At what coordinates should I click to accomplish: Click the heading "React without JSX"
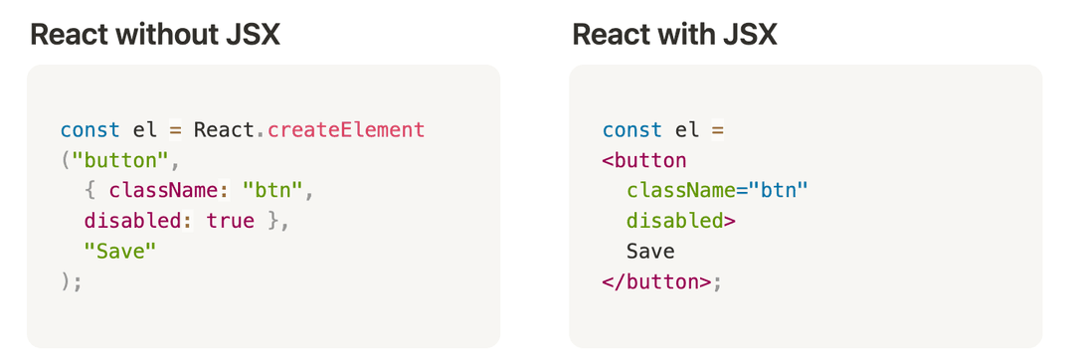click(155, 36)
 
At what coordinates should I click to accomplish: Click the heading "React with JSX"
click(674, 36)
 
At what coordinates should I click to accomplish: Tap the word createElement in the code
click(346, 130)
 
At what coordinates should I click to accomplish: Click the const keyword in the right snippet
click(631, 130)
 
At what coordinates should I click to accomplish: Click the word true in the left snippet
click(231, 221)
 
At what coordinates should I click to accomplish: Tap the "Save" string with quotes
click(120, 252)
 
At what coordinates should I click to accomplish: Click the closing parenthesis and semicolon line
click(72, 281)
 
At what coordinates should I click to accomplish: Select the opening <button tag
click(644, 160)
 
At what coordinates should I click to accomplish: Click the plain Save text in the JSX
click(650, 252)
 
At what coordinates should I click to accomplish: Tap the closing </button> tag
click(656, 281)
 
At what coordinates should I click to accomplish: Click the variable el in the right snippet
click(686, 130)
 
